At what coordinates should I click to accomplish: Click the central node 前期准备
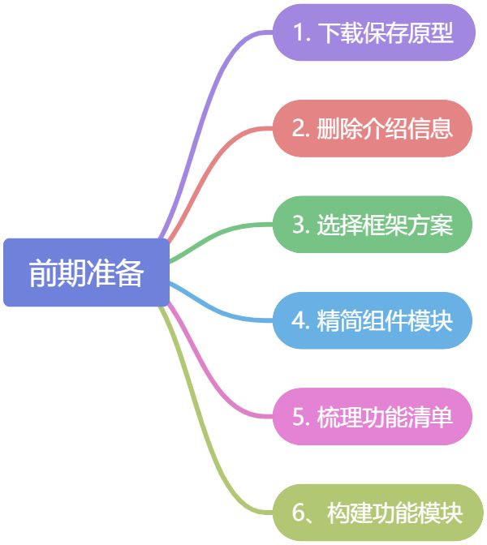click(86, 272)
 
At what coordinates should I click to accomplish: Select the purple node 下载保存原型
click(373, 32)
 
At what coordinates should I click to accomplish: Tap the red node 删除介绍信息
click(373, 128)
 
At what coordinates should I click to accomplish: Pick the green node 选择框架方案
click(373, 225)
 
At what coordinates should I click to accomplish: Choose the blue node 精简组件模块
click(373, 320)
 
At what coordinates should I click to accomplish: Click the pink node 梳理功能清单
click(373, 417)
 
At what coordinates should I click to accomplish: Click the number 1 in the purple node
click(298, 33)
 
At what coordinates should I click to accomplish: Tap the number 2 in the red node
click(299, 129)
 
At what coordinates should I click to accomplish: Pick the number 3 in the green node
click(299, 225)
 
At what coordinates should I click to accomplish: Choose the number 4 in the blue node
click(299, 321)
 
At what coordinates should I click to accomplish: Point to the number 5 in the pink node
click(299, 418)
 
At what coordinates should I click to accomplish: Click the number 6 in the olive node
click(299, 513)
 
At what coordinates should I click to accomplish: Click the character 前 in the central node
click(43, 273)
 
